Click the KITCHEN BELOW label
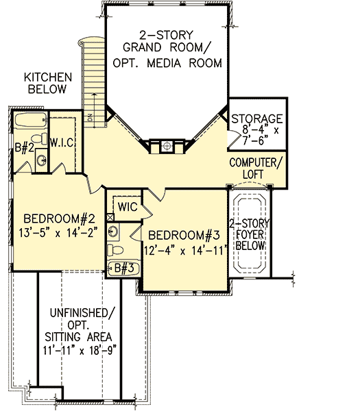coord(45,83)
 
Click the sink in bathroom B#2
coord(42,161)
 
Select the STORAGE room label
coord(257,118)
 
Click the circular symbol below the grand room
coord(166,144)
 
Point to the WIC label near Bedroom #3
coord(129,206)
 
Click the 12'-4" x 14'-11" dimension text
coord(185,250)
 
